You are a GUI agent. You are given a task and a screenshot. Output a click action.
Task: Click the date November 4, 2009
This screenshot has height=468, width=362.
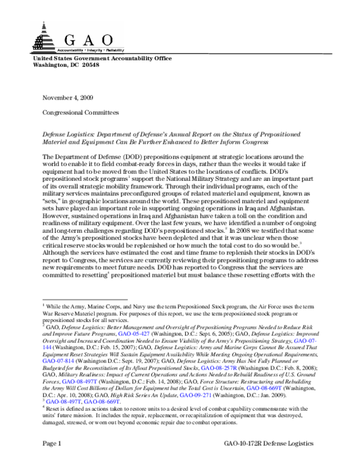tap(67, 97)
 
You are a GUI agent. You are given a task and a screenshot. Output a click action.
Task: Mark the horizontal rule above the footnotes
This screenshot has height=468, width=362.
tap(84, 299)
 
